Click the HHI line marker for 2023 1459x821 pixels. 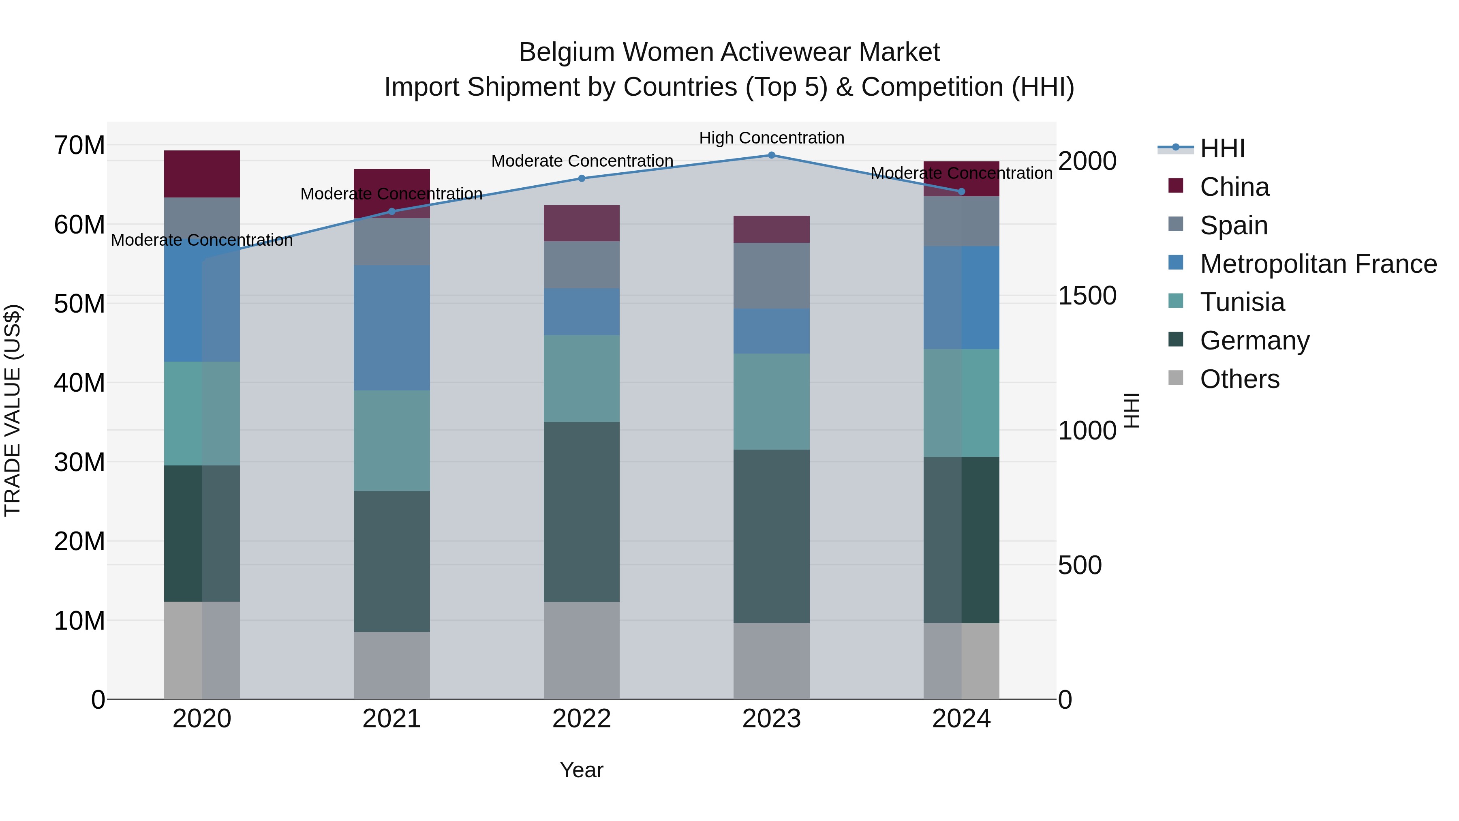click(x=771, y=155)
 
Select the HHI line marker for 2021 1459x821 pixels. click(x=392, y=211)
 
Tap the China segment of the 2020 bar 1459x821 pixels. click(x=202, y=174)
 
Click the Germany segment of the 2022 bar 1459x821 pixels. click(x=582, y=512)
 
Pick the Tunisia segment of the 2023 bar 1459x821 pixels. click(x=771, y=402)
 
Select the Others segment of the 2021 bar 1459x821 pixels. click(x=392, y=665)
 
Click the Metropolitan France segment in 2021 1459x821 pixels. click(x=392, y=328)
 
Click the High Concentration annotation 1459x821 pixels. click(x=771, y=138)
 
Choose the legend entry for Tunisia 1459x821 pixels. click(x=1242, y=302)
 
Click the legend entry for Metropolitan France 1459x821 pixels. click(x=1318, y=264)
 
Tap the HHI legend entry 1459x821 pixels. click(x=1222, y=148)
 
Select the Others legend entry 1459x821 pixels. click(x=1239, y=379)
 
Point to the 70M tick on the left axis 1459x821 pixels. click(x=79, y=146)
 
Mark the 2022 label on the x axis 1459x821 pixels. click(x=582, y=719)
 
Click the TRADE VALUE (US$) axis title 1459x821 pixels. click(x=13, y=410)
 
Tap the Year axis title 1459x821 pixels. click(x=582, y=770)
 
